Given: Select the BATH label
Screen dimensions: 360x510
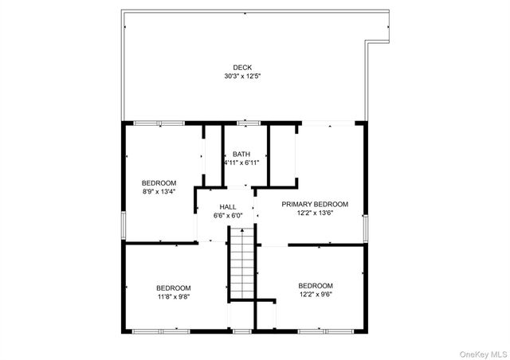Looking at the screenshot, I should [x=241, y=154].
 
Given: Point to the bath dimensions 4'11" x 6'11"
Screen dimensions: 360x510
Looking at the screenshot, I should [x=241, y=162].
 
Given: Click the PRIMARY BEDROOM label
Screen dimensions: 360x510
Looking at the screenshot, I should [x=315, y=204].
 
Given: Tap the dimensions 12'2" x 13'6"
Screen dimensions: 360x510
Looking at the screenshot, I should [x=315, y=213].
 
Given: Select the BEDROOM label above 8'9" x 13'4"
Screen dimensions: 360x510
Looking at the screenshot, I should [x=159, y=182].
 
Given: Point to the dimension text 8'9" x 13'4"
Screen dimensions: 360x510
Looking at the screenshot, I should [x=159, y=190].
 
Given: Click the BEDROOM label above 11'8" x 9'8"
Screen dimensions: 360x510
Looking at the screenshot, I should [x=173, y=288].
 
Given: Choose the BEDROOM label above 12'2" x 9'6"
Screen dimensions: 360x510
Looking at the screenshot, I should [x=316, y=285].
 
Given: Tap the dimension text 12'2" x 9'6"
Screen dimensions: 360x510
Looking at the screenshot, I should [x=316, y=294].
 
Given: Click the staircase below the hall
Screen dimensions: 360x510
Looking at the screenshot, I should [x=241, y=263].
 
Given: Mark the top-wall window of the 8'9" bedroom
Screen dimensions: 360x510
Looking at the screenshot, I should [x=159, y=123].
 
